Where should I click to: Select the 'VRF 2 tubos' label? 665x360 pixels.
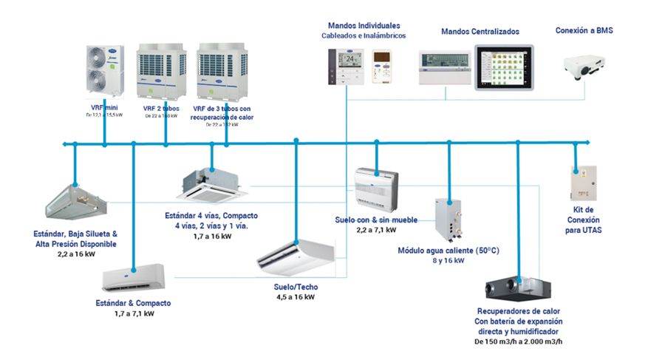(x=160, y=108)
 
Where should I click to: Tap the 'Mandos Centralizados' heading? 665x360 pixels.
(x=480, y=32)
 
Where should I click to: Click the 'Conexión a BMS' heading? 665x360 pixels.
(x=584, y=30)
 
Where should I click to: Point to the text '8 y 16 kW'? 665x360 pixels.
(x=449, y=260)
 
